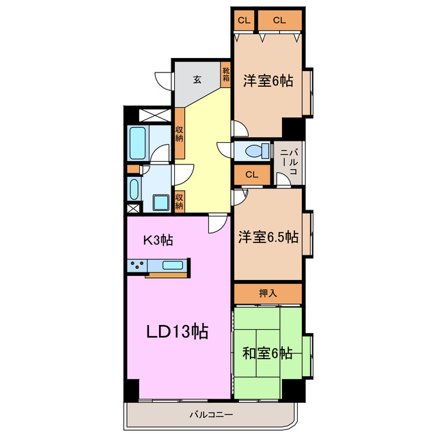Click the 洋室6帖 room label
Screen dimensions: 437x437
(x=268, y=81)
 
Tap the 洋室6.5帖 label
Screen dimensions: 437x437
(x=268, y=238)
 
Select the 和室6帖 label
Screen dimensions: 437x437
(x=268, y=354)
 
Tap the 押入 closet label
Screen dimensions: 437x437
(x=268, y=294)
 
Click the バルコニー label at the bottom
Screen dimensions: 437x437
(x=211, y=414)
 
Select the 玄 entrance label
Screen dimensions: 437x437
(x=197, y=80)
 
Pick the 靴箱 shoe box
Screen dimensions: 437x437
(x=226, y=74)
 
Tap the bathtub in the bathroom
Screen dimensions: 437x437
(x=139, y=141)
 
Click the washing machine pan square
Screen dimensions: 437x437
(x=162, y=202)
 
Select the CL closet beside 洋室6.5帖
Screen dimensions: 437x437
(x=251, y=175)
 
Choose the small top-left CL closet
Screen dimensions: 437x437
(x=243, y=20)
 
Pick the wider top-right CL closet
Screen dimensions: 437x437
(x=279, y=20)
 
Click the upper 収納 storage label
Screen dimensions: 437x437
(x=179, y=132)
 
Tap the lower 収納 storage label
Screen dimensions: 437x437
(x=179, y=201)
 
